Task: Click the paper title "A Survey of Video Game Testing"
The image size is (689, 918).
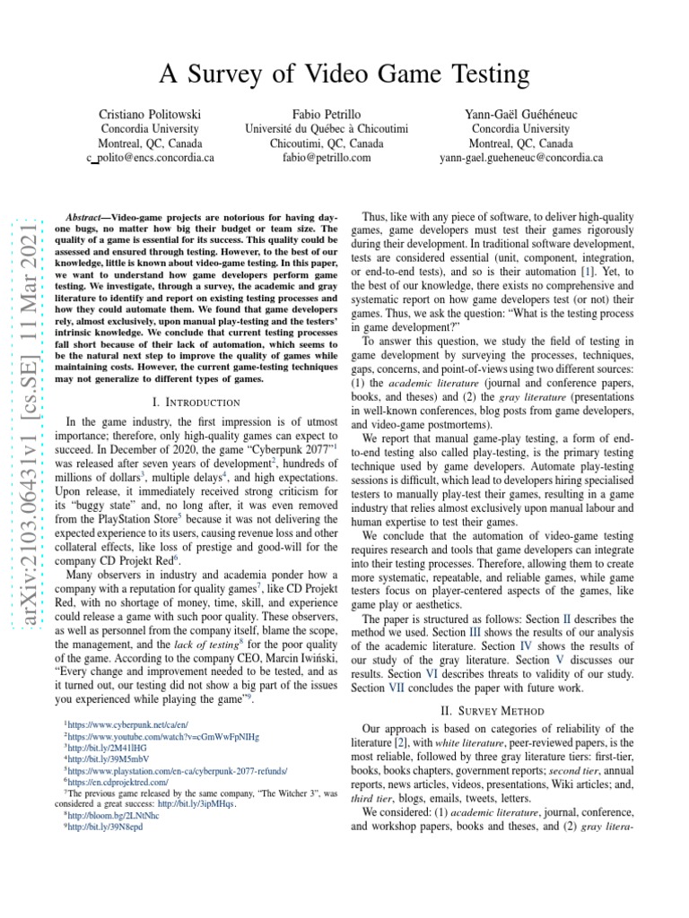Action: click(x=344, y=74)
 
